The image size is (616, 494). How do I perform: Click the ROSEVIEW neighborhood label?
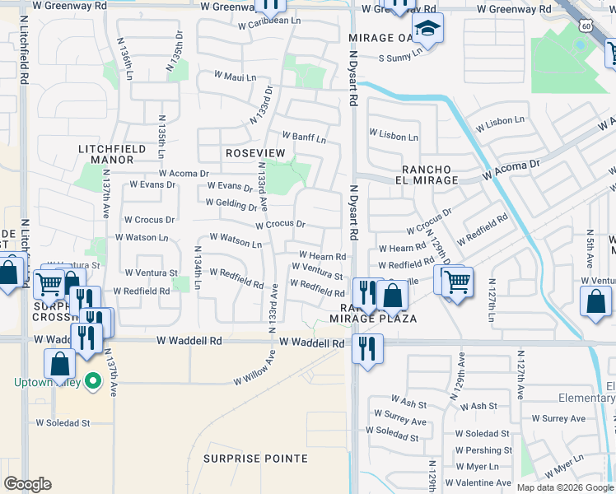254,154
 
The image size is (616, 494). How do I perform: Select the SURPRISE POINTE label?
255,459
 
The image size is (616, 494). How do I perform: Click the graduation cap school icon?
427,30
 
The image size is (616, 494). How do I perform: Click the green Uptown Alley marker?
92,382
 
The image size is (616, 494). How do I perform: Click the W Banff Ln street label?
304,136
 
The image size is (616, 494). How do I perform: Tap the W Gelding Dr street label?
231,203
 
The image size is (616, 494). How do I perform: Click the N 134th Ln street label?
198,268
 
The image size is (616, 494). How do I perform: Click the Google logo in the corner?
27,484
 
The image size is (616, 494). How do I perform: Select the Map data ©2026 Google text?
565,487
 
